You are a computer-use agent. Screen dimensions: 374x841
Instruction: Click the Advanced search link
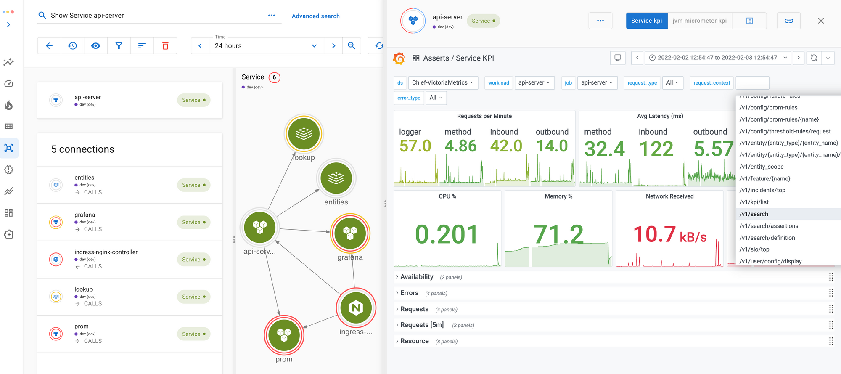pyautogui.click(x=315, y=16)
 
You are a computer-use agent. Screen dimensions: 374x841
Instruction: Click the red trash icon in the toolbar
pyautogui.click(x=165, y=46)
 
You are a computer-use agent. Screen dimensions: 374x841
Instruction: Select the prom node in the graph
pyautogui.click(x=284, y=335)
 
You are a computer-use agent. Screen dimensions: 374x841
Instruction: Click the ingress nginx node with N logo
pyautogui.click(x=356, y=308)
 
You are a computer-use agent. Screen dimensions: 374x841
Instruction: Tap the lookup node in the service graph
pyautogui.click(x=304, y=134)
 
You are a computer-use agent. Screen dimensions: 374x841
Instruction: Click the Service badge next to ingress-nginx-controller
pyautogui.click(x=193, y=260)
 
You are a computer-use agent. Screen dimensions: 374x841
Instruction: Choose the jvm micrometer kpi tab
pyautogui.click(x=699, y=21)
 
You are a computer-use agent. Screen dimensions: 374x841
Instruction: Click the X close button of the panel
pyautogui.click(x=820, y=21)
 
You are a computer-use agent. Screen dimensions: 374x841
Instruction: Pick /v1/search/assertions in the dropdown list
pyautogui.click(x=769, y=226)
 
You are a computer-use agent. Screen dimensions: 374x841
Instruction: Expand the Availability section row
pyautogui.click(x=416, y=277)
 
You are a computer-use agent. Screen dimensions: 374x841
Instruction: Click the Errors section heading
pyautogui.click(x=409, y=293)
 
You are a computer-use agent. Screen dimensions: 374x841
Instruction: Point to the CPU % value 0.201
pyautogui.click(x=447, y=234)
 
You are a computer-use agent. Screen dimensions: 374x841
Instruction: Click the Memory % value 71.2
pyautogui.click(x=558, y=234)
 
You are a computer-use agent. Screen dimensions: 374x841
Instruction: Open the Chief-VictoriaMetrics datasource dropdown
pyautogui.click(x=442, y=83)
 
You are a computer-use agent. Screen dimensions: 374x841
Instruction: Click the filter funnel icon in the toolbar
pyautogui.click(x=119, y=46)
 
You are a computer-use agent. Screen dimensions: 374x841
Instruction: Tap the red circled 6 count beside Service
pyautogui.click(x=274, y=77)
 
